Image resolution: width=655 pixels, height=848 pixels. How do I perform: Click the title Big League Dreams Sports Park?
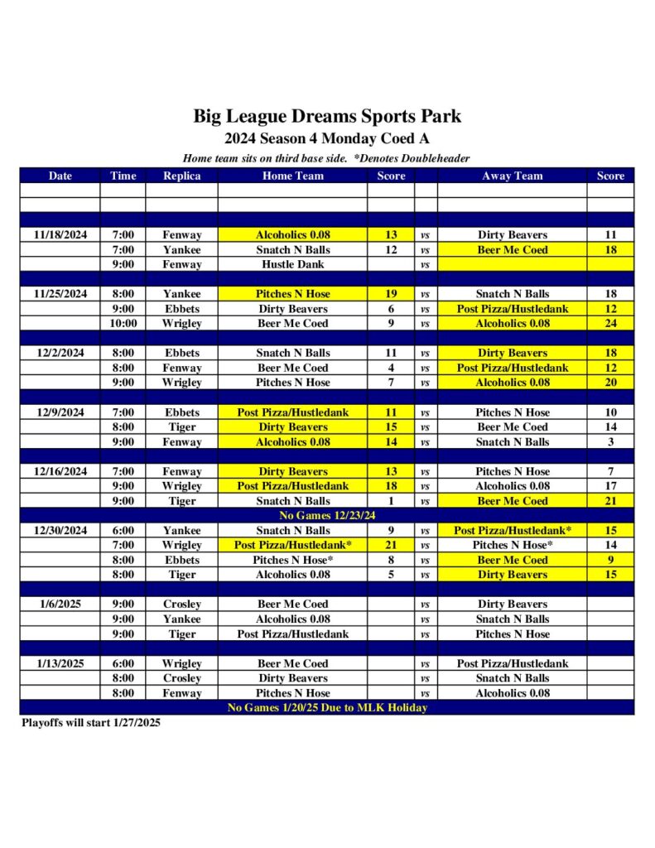327,115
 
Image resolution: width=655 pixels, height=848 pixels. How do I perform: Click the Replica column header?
181,176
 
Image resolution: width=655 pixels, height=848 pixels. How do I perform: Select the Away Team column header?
512,176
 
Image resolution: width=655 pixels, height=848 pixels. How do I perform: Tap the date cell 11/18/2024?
60,235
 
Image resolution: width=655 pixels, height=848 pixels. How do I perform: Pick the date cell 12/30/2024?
60,530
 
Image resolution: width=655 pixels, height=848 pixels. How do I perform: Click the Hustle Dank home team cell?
292,265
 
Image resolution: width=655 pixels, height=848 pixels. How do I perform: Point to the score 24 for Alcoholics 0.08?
610,324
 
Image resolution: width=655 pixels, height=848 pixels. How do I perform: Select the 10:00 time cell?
123,324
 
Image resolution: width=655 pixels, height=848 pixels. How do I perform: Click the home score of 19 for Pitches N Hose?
391,294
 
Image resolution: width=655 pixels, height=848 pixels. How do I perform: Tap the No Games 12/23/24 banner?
327,515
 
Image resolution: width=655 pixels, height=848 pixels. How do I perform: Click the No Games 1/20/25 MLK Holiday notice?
327,708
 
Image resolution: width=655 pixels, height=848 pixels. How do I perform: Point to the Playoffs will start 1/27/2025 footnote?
91,723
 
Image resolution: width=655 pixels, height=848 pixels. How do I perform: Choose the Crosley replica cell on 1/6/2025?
181,605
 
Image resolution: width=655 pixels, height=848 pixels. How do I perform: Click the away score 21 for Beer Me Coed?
610,501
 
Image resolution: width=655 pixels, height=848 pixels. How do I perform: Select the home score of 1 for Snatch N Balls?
391,501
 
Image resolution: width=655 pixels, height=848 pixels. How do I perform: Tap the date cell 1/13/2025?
60,663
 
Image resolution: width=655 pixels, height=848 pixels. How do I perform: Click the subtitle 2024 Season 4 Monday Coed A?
327,139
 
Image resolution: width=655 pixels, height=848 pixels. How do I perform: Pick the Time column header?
123,176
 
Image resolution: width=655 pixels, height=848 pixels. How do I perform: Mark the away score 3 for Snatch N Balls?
610,442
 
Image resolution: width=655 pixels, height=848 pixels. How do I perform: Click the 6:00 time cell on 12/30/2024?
123,530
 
